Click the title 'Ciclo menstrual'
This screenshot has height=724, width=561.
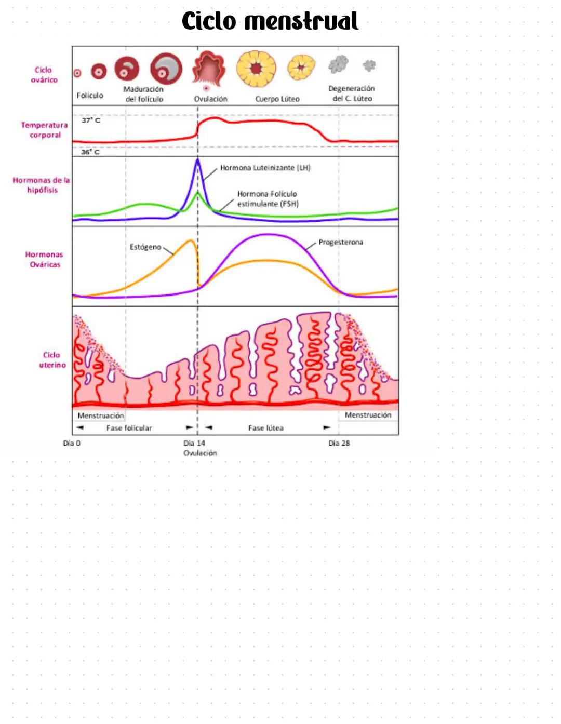pyautogui.click(x=270, y=21)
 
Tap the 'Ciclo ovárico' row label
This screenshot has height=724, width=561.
pyautogui.click(x=44, y=75)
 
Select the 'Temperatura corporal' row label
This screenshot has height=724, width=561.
pyautogui.click(x=45, y=130)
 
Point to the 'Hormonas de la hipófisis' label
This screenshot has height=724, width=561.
pyautogui.click(x=41, y=185)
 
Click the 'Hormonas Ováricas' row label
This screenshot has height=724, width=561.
pyautogui.click(x=44, y=259)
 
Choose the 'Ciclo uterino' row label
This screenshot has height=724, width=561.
pyautogui.click(x=52, y=360)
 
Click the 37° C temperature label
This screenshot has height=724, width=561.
pyautogui.click(x=91, y=120)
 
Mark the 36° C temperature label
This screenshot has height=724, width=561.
pyautogui.click(x=90, y=152)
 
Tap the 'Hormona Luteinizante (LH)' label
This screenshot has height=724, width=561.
pyautogui.click(x=265, y=168)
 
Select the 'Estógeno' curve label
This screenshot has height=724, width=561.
pyautogui.click(x=145, y=247)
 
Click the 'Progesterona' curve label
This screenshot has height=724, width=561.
pyautogui.click(x=341, y=242)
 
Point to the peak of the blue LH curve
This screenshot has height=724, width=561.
pyautogui.click(x=197, y=160)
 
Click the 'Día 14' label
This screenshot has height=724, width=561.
pyautogui.click(x=194, y=443)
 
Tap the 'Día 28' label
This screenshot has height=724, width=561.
pyautogui.click(x=339, y=443)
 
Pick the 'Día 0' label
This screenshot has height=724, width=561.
pyautogui.click(x=72, y=443)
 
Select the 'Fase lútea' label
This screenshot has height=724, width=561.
pyautogui.click(x=265, y=428)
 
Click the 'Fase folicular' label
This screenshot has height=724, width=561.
pyautogui.click(x=129, y=428)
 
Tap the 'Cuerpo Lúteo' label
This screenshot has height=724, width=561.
pyautogui.click(x=277, y=99)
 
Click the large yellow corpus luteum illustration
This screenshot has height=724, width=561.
pyautogui.click(x=256, y=68)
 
